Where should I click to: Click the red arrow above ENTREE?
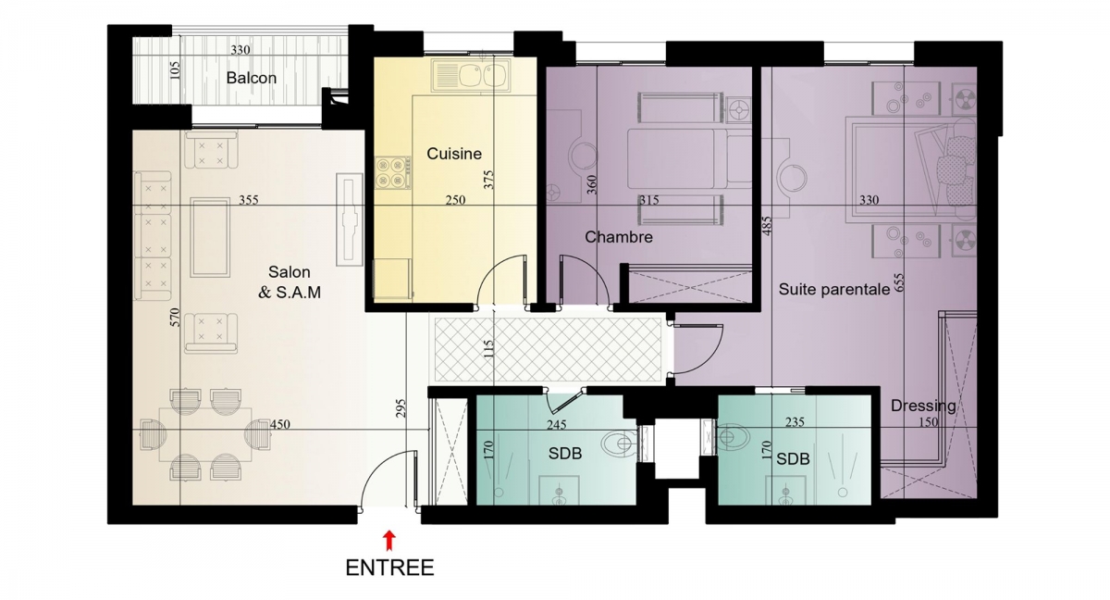coord(390,541)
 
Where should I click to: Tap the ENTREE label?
coord(389,568)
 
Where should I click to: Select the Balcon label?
coord(252,78)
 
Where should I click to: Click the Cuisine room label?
coord(454,154)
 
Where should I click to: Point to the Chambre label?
coord(619,237)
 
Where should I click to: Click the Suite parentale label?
coord(834,290)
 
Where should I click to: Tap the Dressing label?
coord(923,406)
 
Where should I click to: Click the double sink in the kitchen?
coord(470,75)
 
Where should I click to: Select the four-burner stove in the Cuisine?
coord(392,172)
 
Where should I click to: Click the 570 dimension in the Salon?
coord(175,317)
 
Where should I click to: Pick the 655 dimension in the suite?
coord(899,282)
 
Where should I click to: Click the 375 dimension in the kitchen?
coord(488,180)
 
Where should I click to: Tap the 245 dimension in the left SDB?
coord(557,425)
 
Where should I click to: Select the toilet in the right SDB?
coord(732,437)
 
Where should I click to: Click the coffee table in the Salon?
coord(210,237)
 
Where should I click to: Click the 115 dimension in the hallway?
coord(488,348)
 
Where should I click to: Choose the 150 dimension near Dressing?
coord(928,422)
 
